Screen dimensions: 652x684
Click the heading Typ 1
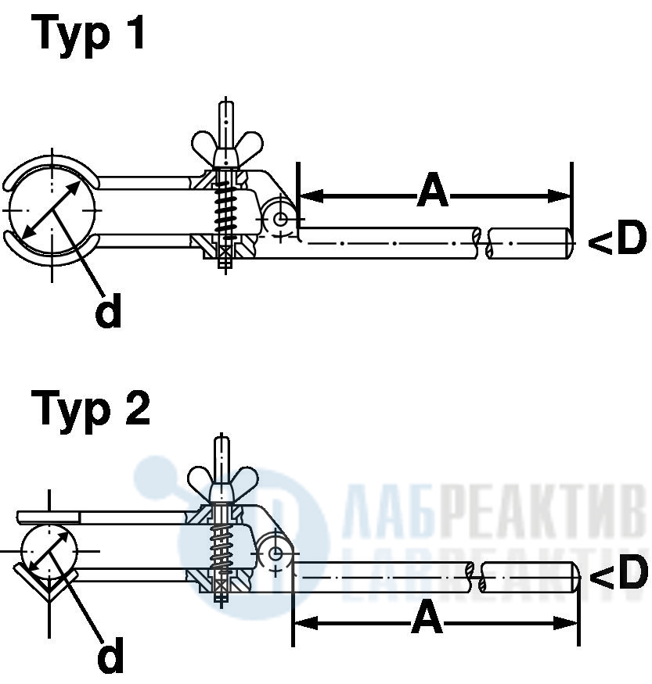pyautogui.click(x=88, y=34)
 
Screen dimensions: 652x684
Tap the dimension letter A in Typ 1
pyautogui.click(x=433, y=190)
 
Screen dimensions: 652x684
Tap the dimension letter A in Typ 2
pyautogui.click(x=427, y=617)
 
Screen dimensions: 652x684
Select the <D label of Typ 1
pyautogui.click(x=617, y=238)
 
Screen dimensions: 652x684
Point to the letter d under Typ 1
pyautogui.click(x=108, y=310)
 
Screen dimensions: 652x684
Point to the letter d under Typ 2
pyautogui.click(x=110, y=654)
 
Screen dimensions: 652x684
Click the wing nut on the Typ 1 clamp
pyautogui.click(x=227, y=147)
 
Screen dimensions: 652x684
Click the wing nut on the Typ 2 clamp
pyautogui.click(x=223, y=484)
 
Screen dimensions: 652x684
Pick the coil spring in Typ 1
pyautogui.click(x=225, y=208)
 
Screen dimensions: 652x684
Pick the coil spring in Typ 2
pyautogui.click(x=222, y=550)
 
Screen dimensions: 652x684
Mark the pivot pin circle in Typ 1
pyautogui.click(x=280, y=218)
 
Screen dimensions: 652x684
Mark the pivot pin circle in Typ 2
pyautogui.click(x=276, y=554)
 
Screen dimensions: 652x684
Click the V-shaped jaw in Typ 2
pyautogui.click(x=48, y=585)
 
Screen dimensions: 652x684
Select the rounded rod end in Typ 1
pyautogui.click(x=570, y=243)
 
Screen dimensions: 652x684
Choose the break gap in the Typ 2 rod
pyautogui.click(x=477, y=577)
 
